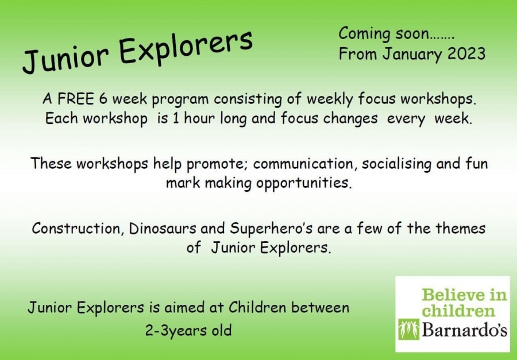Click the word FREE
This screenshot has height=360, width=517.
click(x=75, y=99)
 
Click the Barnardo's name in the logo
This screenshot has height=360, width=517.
click(x=464, y=330)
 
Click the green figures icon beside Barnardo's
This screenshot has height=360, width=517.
click(x=408, y=329)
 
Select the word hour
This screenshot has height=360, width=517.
click(x=199, y=118)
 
